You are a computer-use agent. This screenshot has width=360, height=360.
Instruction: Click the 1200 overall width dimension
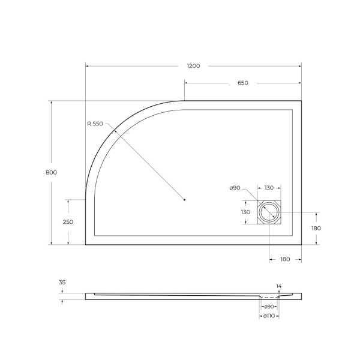coord(193,65)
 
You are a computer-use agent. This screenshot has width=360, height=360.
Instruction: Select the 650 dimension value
coord(242,83)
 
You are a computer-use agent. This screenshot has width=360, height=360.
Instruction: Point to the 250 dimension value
coord(68,222)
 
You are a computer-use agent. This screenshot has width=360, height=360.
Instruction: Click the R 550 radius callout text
coord(96,124)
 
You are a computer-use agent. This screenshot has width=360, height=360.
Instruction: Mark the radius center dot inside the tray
coord(185,199)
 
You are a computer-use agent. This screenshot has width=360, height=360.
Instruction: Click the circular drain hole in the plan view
coord(269,212)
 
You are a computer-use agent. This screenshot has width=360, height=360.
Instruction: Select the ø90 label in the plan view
coord(235,188)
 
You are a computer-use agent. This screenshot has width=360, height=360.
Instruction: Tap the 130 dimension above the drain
coord(269,188)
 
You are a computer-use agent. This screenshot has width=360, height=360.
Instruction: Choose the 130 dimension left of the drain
coord(246,212)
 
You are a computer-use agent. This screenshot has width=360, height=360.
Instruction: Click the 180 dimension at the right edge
coord(317,229)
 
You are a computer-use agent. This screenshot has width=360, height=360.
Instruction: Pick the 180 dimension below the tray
coord(285,259)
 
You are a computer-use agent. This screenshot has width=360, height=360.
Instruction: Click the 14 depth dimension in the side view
coord(278,286)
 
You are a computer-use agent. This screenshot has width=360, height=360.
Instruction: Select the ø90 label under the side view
coord(269,307)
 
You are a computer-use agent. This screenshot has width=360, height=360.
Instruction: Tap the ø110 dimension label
coord(269,316)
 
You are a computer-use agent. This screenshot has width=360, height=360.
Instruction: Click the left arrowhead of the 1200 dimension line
coord(88,66)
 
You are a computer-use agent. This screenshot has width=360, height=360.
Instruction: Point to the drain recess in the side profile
coord(269,296)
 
